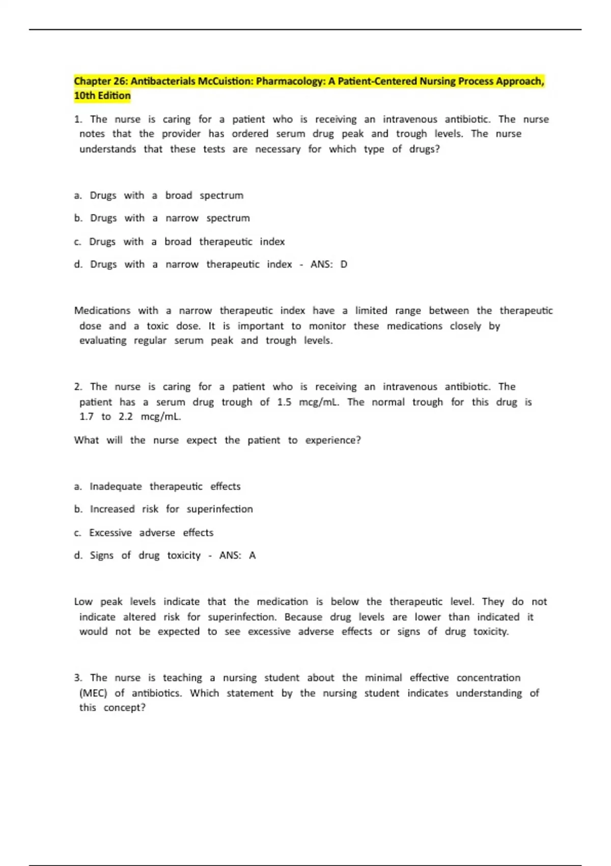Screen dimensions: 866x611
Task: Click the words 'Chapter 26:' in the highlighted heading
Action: [101, 81]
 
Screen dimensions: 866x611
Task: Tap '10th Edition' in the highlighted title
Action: [102, 96]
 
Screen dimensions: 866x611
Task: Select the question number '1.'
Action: [78, 119]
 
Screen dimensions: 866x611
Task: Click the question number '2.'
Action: [78, 387]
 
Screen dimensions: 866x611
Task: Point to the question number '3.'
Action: [78, 678]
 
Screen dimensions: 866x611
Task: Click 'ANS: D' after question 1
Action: [328, 264]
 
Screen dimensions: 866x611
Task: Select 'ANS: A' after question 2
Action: [237, 555]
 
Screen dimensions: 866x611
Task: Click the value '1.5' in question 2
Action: [284, 402]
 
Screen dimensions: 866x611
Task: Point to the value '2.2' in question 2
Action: [125, 417]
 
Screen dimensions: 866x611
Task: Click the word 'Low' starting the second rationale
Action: [83, 602]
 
